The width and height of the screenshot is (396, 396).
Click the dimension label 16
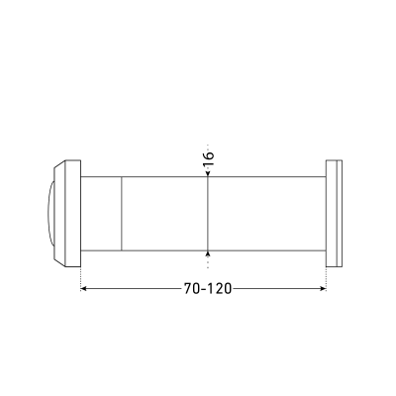(208, 159)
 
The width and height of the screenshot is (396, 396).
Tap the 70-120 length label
(208, 289)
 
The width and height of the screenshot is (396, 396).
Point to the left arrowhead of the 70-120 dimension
(83, 289)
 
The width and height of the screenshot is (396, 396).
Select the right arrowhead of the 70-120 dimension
(324, 289)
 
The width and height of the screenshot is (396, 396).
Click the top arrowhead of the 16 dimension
(208, 173)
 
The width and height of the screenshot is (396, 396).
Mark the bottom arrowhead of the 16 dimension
(208, 253)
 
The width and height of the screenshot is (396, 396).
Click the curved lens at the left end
(49, 214)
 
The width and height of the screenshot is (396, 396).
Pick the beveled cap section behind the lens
(59, 214)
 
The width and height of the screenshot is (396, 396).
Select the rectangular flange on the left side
(73, 214)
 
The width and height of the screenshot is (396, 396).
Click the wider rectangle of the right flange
(331, 214)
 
